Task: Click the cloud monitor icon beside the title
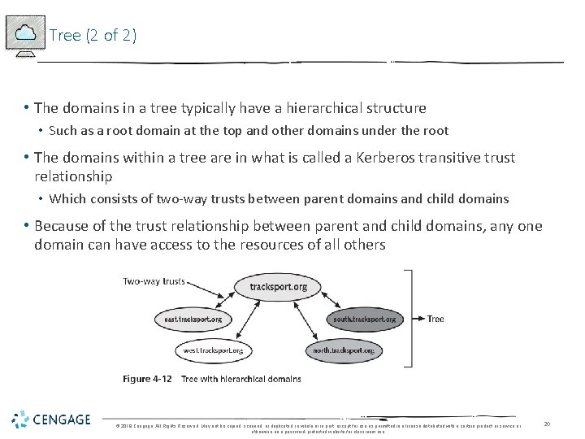click(24, 35)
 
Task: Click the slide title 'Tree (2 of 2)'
click(93, 35)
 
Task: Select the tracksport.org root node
click(278, 287)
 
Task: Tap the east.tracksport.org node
click(193, 319)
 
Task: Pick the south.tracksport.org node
click(364, 319)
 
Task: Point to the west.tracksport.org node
click(213, 350)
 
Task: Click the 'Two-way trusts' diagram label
click(154, 282)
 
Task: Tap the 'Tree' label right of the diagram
click(435, 319)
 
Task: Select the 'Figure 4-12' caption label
click(148, 379)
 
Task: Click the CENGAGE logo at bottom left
click(52, 420)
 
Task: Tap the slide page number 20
click(547, 424)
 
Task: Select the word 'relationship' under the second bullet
click(73, 176)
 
